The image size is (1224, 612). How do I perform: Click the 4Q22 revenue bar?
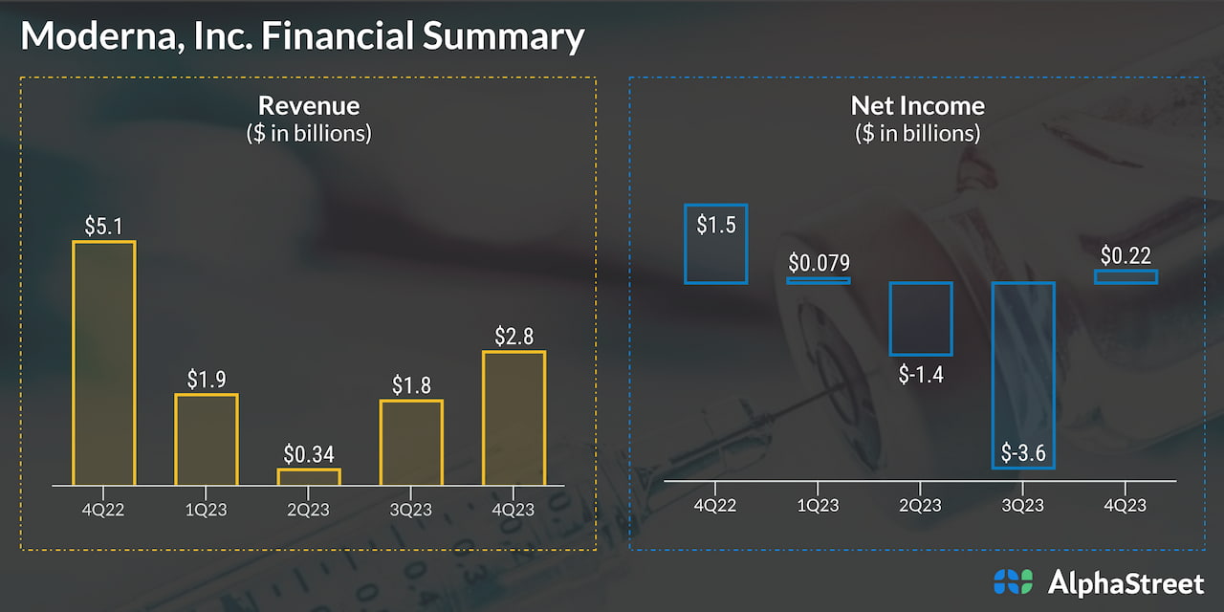coord(104,363)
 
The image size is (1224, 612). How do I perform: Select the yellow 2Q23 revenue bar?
coord(309,477)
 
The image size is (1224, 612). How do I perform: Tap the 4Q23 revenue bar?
coord(514,419)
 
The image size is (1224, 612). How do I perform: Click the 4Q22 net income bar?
coord(715,244)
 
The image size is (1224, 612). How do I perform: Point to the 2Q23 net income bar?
coord(920,318)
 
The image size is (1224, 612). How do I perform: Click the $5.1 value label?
coord(103,227)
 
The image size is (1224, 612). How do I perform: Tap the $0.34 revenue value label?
coord(309,454)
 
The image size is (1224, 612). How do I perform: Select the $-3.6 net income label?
coord(1023,452)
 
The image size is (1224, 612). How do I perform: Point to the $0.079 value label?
coord(819,264)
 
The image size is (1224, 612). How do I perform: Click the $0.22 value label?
coord(1126,255)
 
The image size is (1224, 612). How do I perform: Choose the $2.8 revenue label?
coord(514,337)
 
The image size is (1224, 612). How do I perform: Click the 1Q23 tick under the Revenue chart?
coord(207,510)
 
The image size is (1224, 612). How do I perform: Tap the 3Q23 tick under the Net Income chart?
coord(1023,505)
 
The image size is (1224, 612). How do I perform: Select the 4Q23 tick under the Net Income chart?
coord(1126,505)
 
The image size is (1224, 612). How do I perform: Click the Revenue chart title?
coord(309,105)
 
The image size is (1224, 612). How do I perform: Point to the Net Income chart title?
coord(917,105)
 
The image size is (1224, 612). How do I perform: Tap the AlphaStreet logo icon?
coord(1014,581)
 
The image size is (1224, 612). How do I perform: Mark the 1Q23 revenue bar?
coord(207,440)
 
